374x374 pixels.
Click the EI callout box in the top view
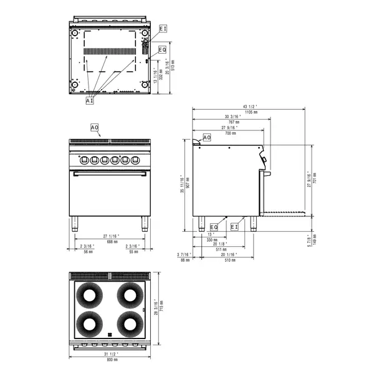(x=163, y=29)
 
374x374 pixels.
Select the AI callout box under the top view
(x=90, y=100)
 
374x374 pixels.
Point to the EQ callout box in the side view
(x=214, y=227)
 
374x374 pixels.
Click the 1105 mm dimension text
(x=251, y=112)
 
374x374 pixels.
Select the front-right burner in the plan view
(x=131, y=324)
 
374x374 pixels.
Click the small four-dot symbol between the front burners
(x=110, y=333)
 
